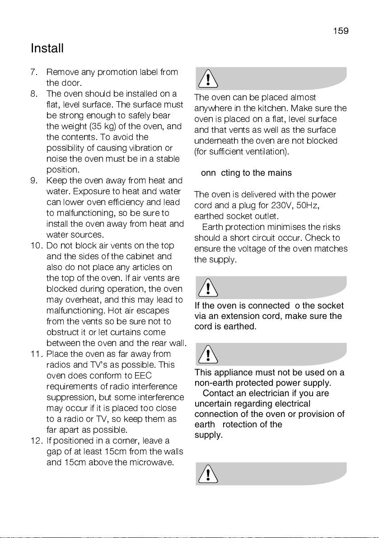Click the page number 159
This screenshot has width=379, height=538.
coord(341,31)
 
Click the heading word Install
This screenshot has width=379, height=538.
coord(47,48)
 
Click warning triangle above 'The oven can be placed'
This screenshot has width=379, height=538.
coord(207,79)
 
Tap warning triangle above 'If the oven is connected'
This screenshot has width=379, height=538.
coord(207,288)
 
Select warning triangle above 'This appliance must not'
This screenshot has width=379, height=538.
coord(207,355)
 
